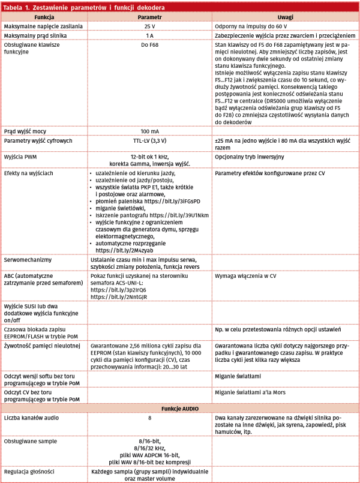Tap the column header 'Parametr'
pyautogui.click(x=149, y=18)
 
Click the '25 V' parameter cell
pyautogui.click(x=149, y=28)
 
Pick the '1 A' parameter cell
pyautogui.click(x=149, y=37)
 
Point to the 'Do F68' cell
pyautogui.click(x=149, y=45)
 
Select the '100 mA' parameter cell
pyautogui.click(x=149, y=131)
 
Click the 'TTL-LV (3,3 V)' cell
pyautogui.click(x=149, y=140)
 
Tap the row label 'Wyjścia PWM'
pyautogui.click(x=21, y=156)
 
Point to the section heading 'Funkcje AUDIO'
pyautogui.click(x=180, y=408)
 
